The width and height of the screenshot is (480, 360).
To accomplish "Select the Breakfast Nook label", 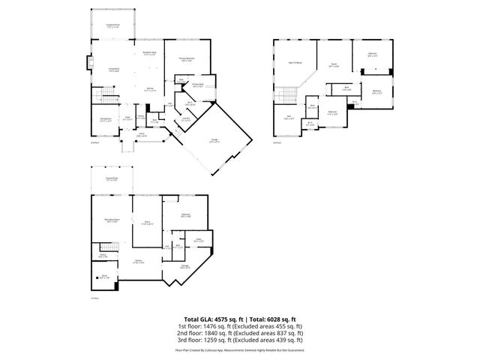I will pos(149,52).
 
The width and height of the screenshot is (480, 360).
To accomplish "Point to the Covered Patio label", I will pos(112,178).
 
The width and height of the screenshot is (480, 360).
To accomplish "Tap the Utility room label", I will pos(199,241).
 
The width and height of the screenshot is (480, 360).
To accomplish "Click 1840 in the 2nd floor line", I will pos(211,334).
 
